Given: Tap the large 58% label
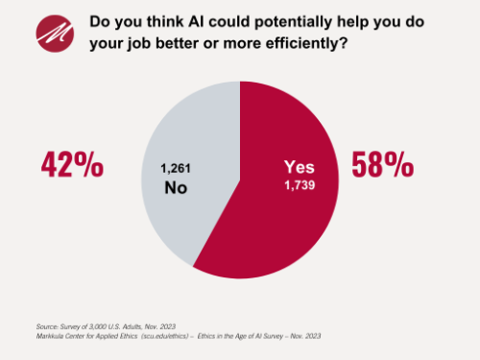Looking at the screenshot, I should click(x=382, y=164).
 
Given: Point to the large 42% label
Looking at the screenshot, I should click(x=72, y=164).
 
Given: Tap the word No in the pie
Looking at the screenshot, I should click(x=175, y=187).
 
